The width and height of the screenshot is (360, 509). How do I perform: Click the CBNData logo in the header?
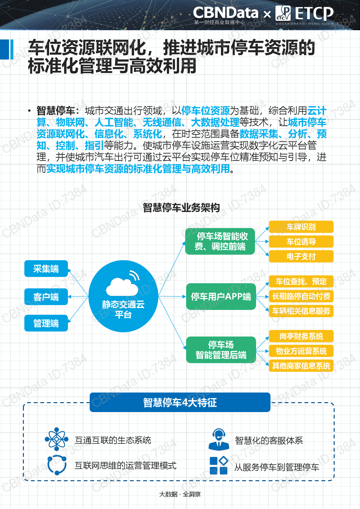pyautogui.click(x=226, y=15)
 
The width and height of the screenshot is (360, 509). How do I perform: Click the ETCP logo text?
pyautogui.click(x=314, y=13)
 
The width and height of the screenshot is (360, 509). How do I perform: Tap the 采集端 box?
pyautogui.click(x=46, y=269)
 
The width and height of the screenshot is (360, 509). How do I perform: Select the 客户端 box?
pyautogui.click(x=46, y=297)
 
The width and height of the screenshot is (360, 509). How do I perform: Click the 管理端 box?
pyautogui.click(x=46, y=323)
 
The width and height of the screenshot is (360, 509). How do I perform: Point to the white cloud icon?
pyautogui.click(x=122, y=286)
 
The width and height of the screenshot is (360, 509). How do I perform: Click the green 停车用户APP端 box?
pyautogui.click(x=221, y=297)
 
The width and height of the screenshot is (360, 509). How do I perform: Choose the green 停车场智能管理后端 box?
pyautogui.click(x=221, y=350)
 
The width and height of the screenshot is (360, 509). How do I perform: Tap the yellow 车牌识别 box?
pyautogui.click(x=301, y=227)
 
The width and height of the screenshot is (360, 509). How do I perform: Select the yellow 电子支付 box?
pyautogui.click(x=301, y=256)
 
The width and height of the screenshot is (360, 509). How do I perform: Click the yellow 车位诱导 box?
pyautogui.click(x=301, y=241)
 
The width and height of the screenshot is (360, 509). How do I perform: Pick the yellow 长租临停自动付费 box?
pyautogui.click(x=301, y=296)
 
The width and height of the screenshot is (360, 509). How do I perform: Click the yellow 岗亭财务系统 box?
pyautogui.click(x=301, y=336)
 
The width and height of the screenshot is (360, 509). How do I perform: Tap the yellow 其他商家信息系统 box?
pyautogui.click(x=301, y=366)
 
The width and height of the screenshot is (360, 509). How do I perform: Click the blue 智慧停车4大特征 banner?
pyautogui.click(x=180, y=402)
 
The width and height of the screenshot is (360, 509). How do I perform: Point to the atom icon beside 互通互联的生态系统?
pyautogui.click(x=57, y=439)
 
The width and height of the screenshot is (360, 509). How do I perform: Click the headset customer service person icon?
pyautogui.click(x=219, y=439)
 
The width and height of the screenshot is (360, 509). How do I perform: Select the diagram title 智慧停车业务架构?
pyautogui.click(x=181, y=207)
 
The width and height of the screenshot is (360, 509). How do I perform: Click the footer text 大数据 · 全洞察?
pyautogui.click(x=180, y=494)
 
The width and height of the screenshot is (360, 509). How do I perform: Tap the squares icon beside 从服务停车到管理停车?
pyautogui.click(x=219, y=465)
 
